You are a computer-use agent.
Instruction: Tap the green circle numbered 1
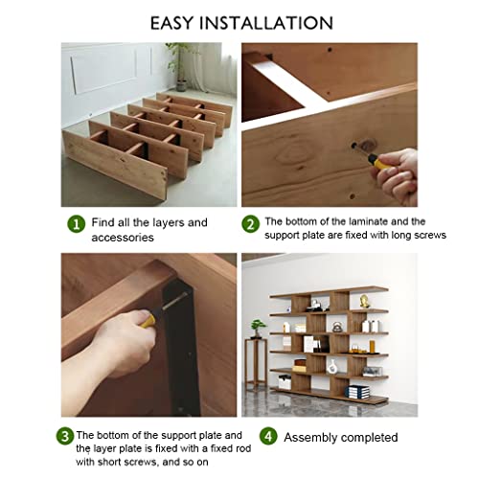(76, 223)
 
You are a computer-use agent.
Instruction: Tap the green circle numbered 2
(250, 223)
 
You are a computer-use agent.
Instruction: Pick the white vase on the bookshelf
(332, 366)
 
